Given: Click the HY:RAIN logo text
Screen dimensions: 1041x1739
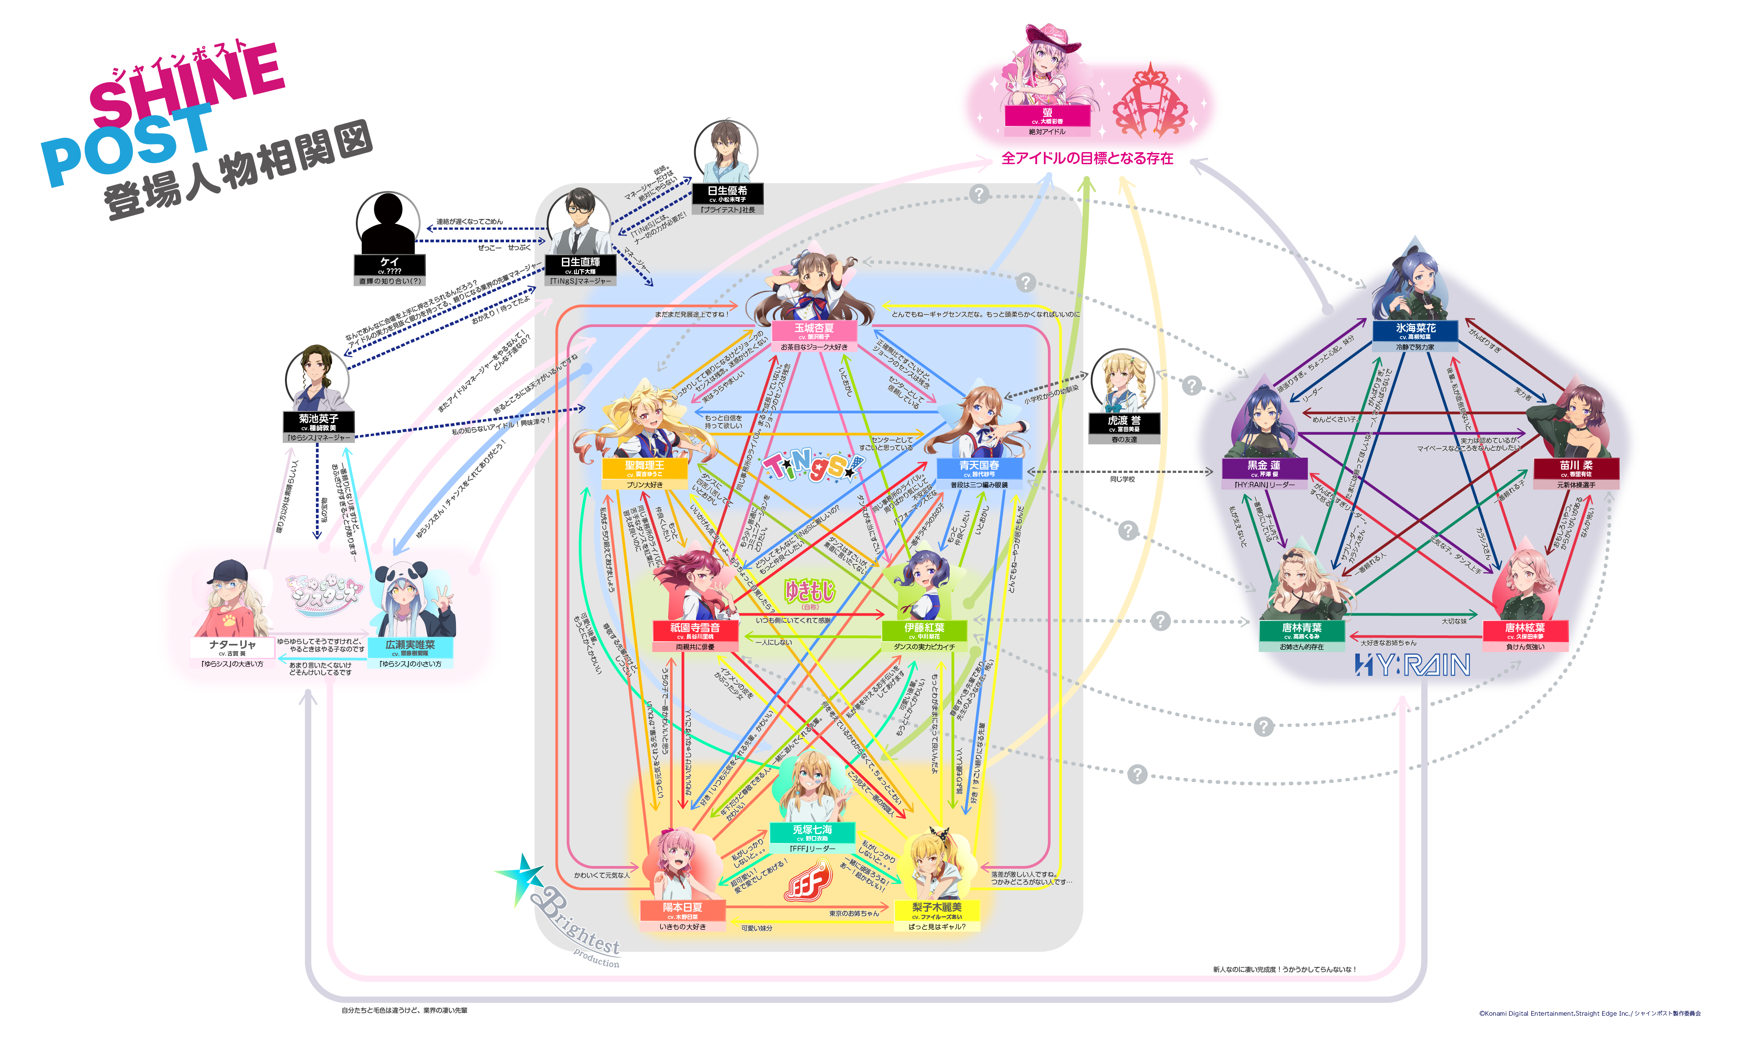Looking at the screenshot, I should point(1412,665).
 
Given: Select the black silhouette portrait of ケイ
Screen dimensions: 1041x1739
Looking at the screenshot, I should point(387,223).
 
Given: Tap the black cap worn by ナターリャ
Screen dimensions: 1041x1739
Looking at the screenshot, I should point(229,572).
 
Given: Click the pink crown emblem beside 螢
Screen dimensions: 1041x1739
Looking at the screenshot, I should point(1151,102).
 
